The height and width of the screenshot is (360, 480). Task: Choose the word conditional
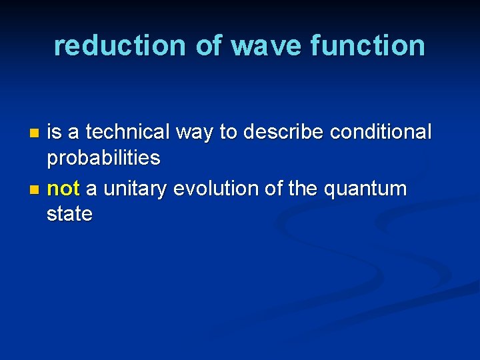point(381,132)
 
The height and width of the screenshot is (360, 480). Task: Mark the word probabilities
point(103,158)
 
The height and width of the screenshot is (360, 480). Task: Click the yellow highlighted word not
point(63,189)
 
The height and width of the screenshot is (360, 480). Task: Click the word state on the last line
point(69,214)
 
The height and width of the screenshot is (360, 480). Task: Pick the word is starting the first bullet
point(54,132)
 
